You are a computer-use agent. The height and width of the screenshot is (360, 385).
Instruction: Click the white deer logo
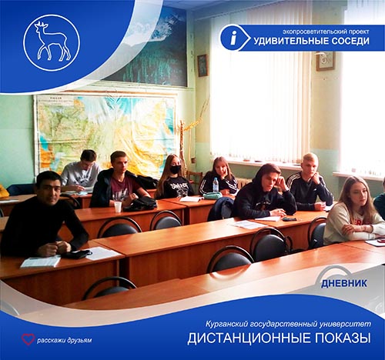coord(52,42)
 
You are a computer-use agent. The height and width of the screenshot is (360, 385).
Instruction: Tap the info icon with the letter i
coord(233,38)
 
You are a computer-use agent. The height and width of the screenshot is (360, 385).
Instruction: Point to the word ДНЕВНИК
coord(344,283)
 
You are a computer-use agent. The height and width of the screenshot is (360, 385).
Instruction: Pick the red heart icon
coord(28,339)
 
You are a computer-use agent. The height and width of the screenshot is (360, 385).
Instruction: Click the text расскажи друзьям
coord(64,341)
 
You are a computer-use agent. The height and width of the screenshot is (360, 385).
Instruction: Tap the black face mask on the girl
coord(176,169)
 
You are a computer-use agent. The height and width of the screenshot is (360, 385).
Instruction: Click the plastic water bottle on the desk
coord(216,185)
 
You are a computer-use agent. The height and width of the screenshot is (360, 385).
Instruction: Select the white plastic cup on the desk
coord(118,207)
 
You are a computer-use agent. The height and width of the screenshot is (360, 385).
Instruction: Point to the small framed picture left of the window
coord(203,65)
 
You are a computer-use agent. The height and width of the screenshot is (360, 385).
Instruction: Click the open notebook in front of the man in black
coord(41,262)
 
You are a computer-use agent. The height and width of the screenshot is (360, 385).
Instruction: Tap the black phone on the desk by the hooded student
coord(290,219)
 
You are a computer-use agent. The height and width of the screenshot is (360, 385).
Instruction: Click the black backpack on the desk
coord(140,204)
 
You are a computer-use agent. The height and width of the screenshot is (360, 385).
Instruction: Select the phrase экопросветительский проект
coord(326,32)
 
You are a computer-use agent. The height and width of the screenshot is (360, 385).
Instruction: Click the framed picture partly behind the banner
coord(326,61)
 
